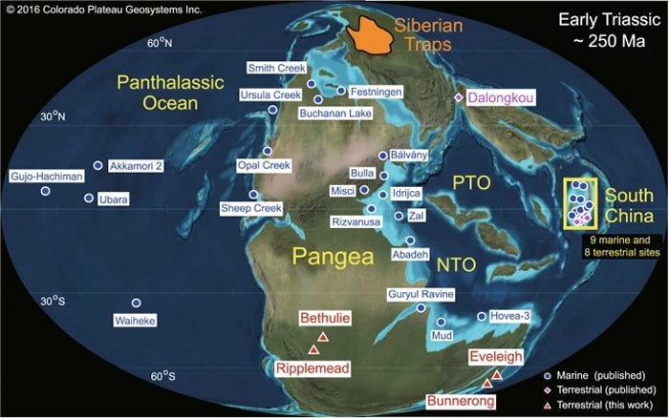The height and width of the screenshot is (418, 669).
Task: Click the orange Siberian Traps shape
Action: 371,35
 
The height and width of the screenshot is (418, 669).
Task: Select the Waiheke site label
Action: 135,321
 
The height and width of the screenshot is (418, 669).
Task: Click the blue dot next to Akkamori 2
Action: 97,165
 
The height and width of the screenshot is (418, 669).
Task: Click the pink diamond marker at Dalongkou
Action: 458,97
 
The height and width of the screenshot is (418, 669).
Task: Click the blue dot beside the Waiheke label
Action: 136,303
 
